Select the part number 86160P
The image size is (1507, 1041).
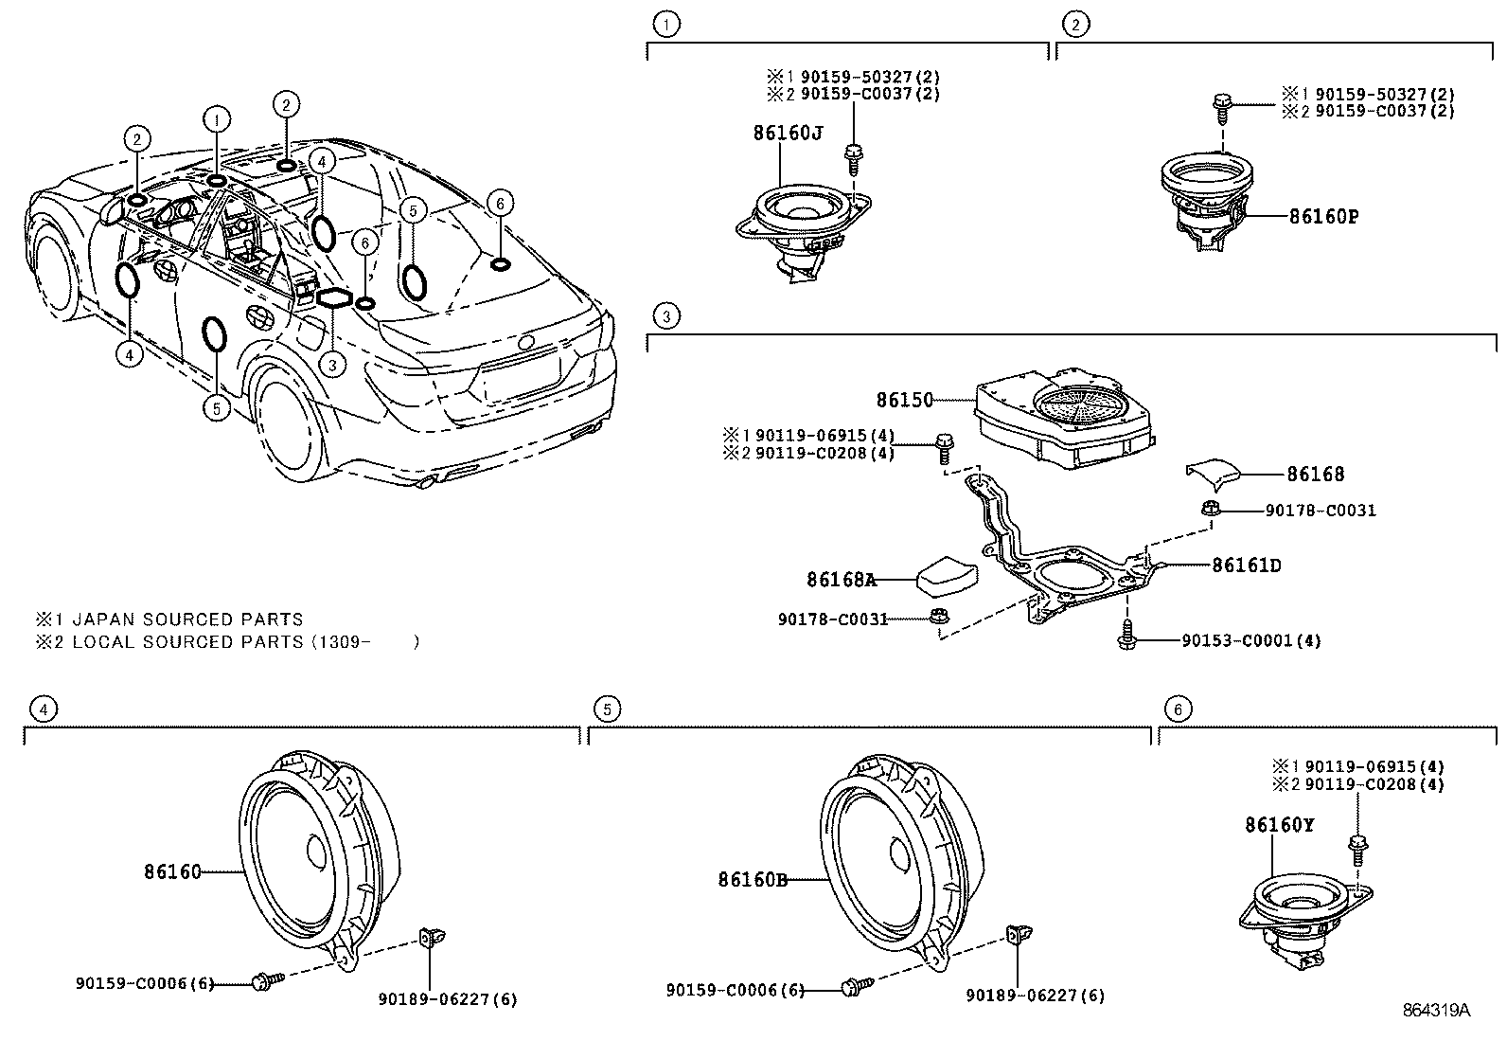(x=1323, y=216)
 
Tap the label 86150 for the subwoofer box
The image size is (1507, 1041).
(x=904, y=400)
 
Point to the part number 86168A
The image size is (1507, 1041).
(x=841, y=579)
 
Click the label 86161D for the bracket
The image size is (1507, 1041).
(x=1246, y=565)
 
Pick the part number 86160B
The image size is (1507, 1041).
(x=753, y=880)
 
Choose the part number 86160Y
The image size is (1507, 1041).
(x=1279, y=825)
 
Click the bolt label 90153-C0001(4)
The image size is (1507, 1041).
(x=1250, y=640)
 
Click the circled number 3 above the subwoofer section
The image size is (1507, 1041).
(x=666, y=315)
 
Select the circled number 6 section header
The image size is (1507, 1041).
(x=1177, y=709)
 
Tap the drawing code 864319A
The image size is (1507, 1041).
(x=1435, y=1010)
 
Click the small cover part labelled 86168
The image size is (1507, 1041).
(x=1215, y=471)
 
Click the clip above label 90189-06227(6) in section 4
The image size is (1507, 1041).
(x=431, y=937)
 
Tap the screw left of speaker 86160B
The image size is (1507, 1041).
(x=851, y=988)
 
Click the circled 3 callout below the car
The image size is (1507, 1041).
(x=331, y=363)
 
